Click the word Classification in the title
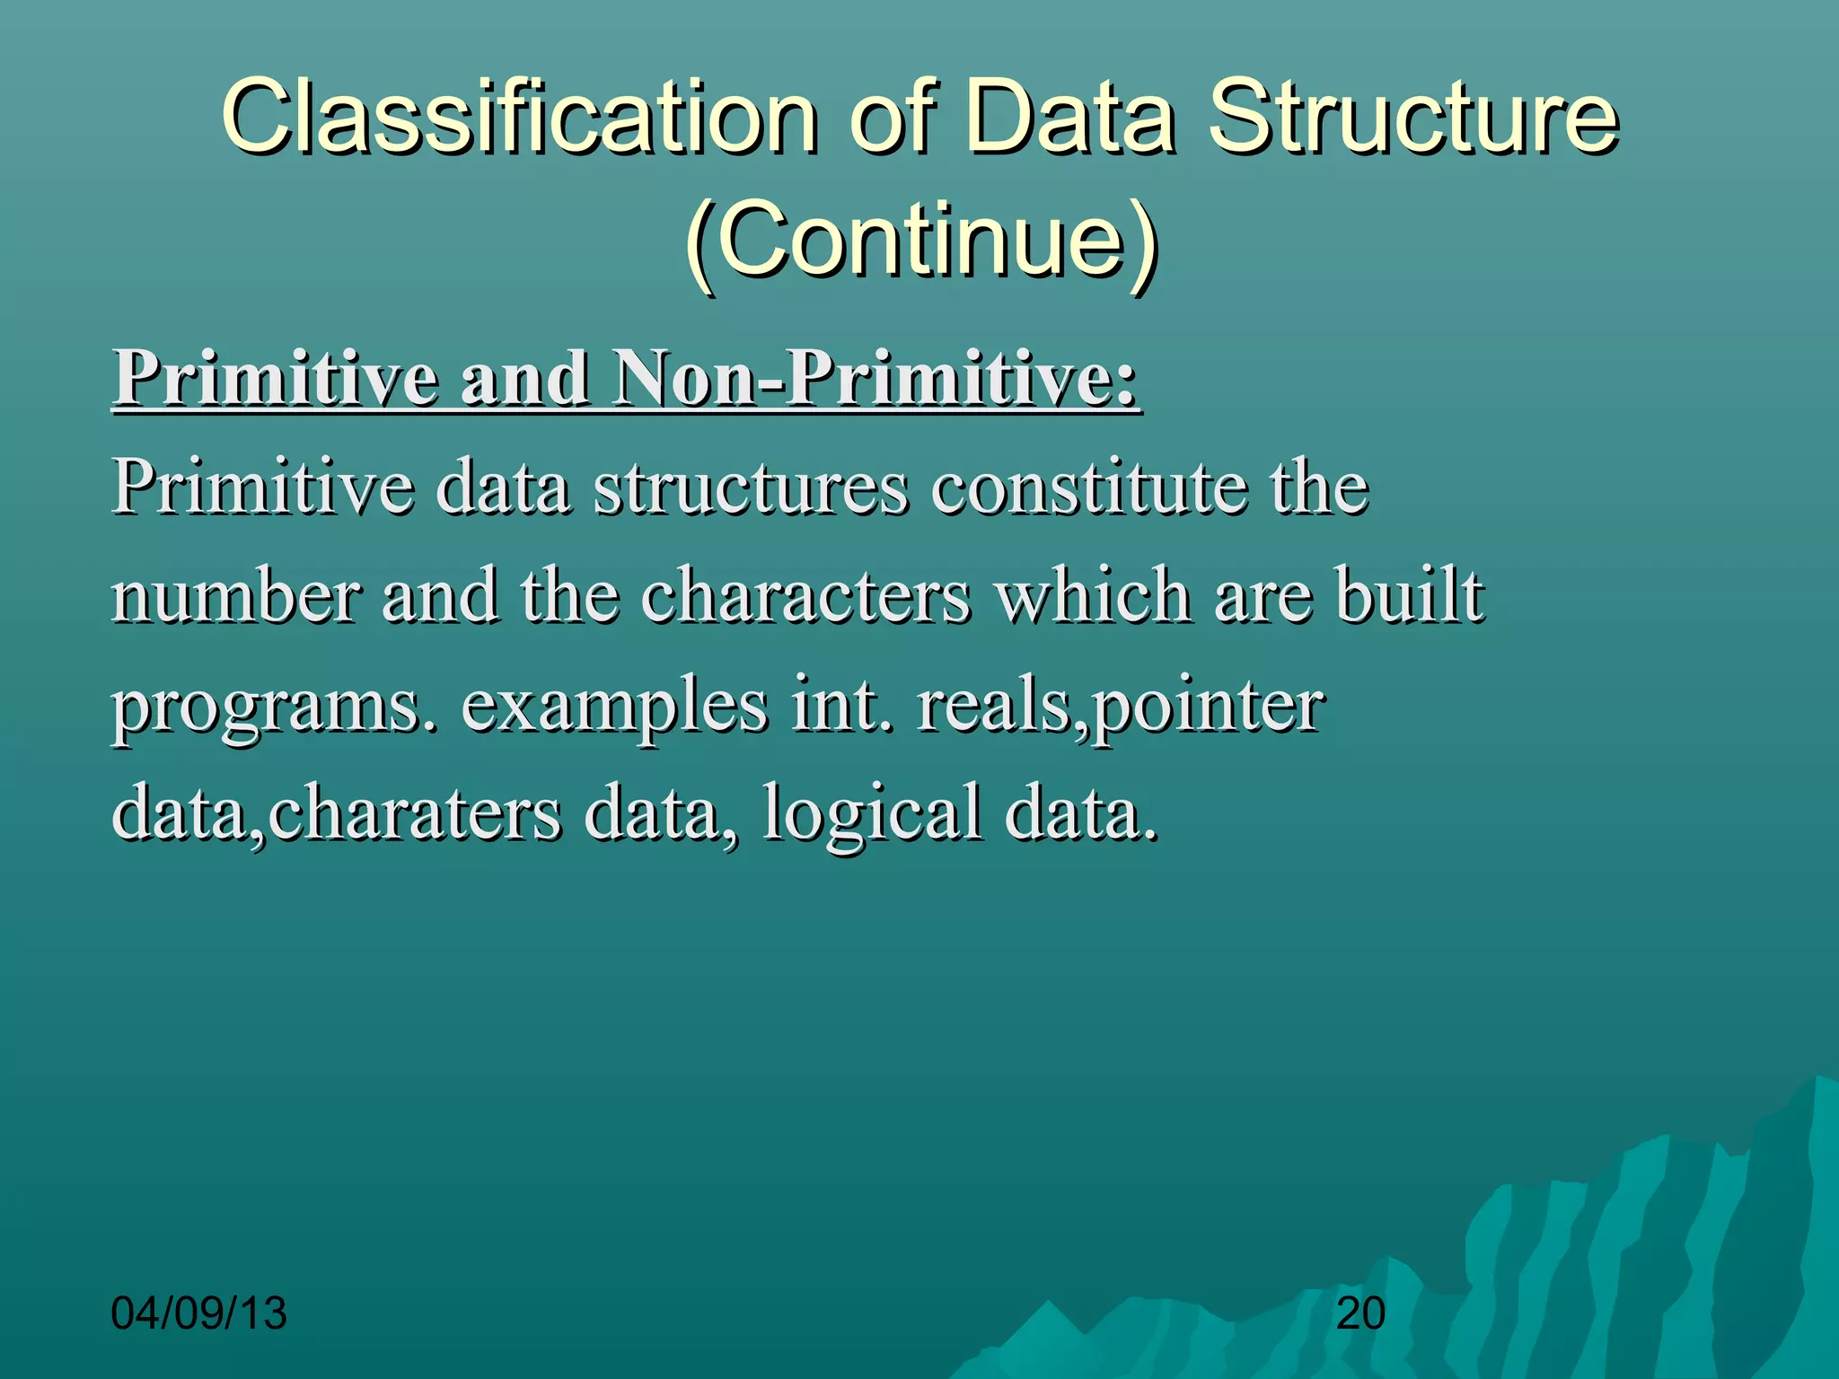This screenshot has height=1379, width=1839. (x=519, y=117)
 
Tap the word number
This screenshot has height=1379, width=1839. (x=235, y=596)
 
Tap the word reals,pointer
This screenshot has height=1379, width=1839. (x=1119, y=707)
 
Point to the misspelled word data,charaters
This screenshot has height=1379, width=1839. (x=337, y=813)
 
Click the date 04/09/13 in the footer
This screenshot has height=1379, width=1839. (x=198, y=1313)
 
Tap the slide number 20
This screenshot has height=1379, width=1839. (x=1360, y=1313)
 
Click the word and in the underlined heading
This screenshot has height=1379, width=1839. (x=524, y=379)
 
